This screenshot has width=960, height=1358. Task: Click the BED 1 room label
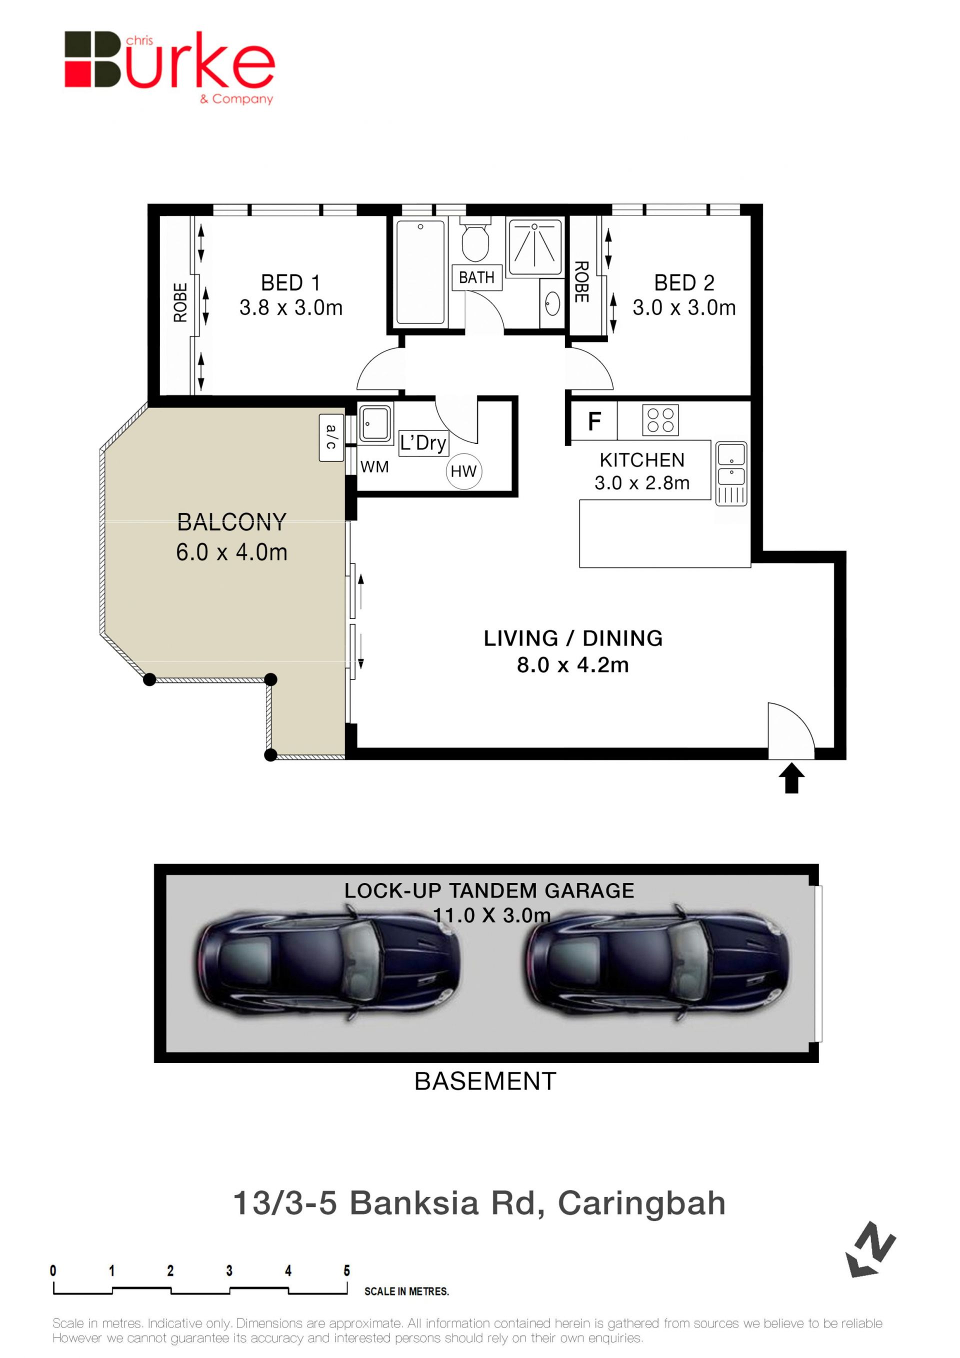[290, 282]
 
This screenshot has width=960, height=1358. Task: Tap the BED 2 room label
[684, 282]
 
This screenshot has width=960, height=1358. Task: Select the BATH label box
[476, 277]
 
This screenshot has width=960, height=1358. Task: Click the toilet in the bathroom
[475, 239]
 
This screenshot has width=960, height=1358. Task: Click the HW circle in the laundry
[463, 471]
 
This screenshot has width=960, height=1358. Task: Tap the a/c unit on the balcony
[331, 437]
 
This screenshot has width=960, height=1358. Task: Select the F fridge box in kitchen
[594, 421]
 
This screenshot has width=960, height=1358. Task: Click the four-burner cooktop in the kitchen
[660, 420]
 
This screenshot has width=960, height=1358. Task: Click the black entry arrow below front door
[791, 778]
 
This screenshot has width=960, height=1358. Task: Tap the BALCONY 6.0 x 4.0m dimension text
[232, 552]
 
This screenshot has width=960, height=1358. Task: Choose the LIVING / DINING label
[573, 638]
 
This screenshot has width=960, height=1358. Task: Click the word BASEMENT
[485, 1081]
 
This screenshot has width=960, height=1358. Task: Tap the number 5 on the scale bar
[346, 1270]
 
